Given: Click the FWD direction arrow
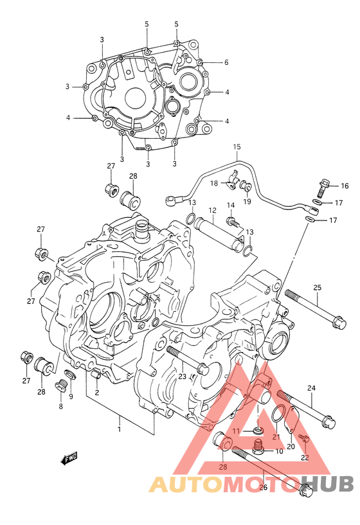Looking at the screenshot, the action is pyautogui.click(x=69, y=458).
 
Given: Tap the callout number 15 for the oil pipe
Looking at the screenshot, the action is pyautogui.click(x=237, y=147).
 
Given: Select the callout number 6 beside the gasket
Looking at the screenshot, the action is pyautogui.click(x=226, y=62).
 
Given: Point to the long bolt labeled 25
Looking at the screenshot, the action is pyautogui.click(x=316, y=308).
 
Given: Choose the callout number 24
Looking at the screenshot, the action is pyautogui.click(x=311, y=388).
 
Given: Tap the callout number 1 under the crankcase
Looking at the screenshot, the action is pyautogui.click(x=119, y=429).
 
